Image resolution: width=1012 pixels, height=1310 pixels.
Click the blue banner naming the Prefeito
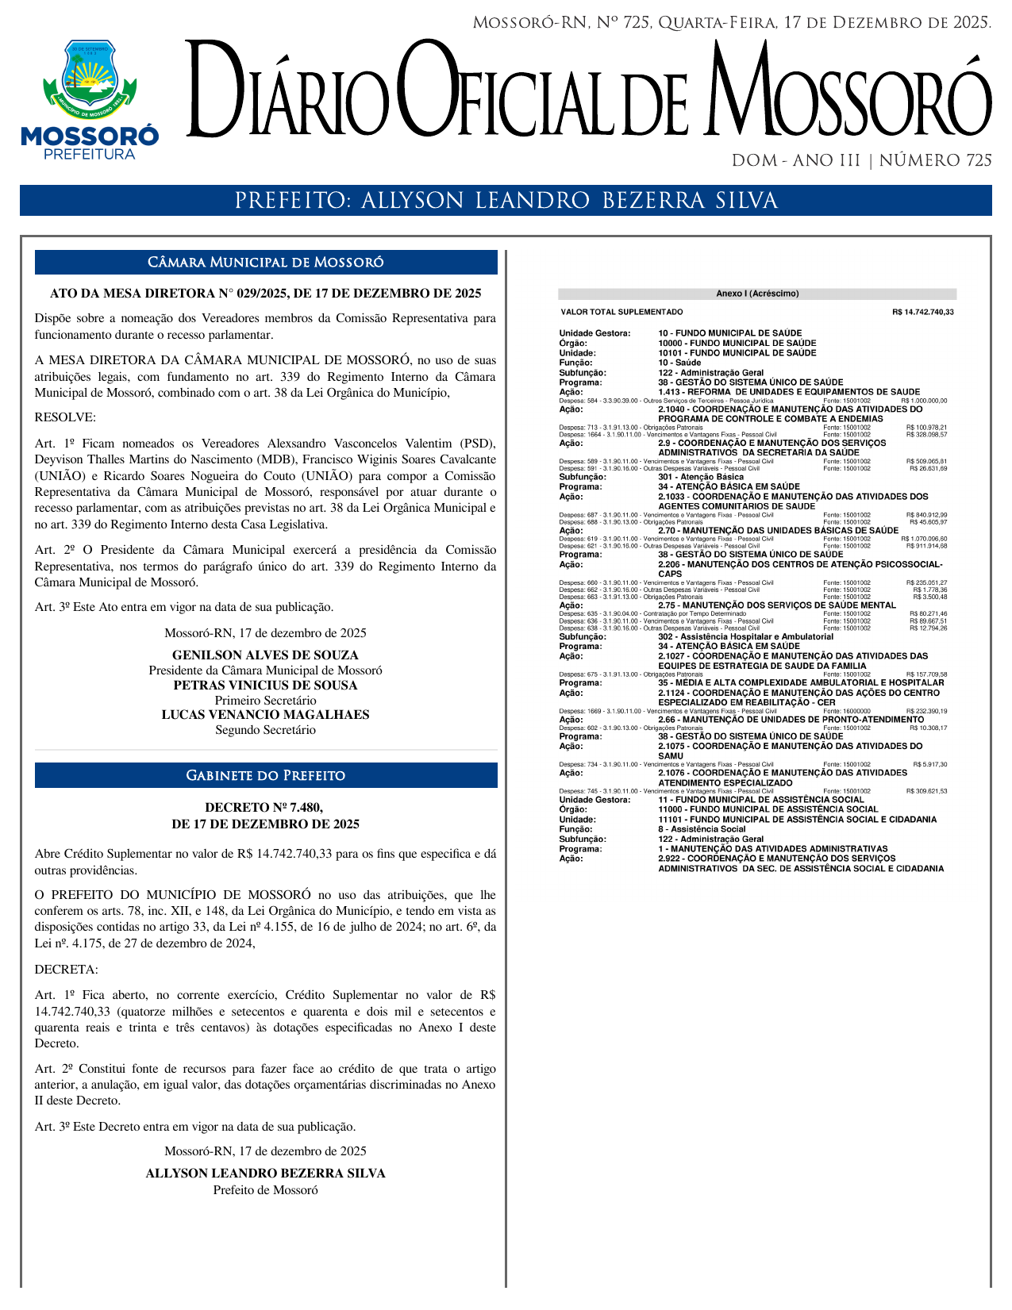click(x=506, y=201)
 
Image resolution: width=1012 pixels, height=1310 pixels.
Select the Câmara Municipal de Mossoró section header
click(x=266, y=263)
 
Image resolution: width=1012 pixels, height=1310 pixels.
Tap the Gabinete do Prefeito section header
click(x=266, y=775)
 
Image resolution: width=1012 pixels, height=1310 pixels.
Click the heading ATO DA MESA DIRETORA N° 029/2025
click(x=266, y=294)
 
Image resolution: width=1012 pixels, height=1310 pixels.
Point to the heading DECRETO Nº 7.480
click(x=266, y=808)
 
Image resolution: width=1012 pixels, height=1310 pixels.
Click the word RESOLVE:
click(x=65, y=417)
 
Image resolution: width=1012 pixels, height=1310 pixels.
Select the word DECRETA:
click(x=67, y=970)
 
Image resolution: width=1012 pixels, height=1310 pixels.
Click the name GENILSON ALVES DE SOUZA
click(x=266, y=655)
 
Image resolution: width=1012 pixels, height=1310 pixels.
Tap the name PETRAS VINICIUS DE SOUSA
click(x=266, y=686)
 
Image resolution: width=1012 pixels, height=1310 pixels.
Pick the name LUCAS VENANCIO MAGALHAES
click(x=266, y=715)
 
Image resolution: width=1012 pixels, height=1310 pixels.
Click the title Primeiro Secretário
click(x=266, y=701)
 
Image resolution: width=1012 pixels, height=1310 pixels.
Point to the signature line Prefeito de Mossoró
click(x=266, y=1189)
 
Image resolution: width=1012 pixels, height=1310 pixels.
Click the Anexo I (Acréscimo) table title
click(x=757, y=294)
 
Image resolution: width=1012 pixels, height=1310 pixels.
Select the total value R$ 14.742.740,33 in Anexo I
click(x=922, y=313)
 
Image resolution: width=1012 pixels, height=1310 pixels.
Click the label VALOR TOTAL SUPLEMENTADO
click(x=621, y=313)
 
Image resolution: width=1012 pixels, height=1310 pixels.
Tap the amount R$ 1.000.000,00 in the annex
click(x=924, y=401)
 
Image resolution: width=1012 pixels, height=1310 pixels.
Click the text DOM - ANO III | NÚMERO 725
click(x=861, y=161)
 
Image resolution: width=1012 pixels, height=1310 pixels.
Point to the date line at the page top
click(x=731, y=23)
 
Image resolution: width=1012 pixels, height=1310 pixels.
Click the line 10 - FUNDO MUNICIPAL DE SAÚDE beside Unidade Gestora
click(x=729, y=333)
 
